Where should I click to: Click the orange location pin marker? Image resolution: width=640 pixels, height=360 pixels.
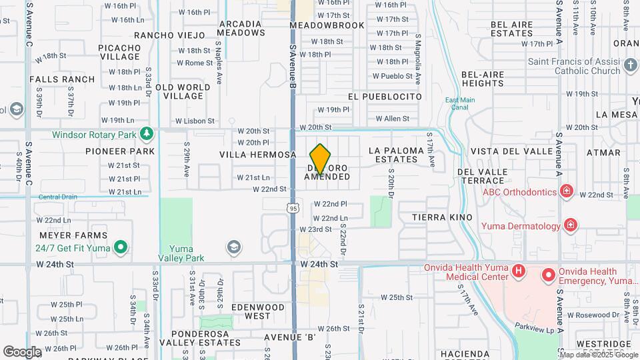pyautogui.click(x=321, y=159)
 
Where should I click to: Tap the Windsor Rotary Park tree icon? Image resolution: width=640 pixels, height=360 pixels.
pyautogui.click(x=147, y=135)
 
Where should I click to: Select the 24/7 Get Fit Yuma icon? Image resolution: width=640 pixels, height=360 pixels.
pyautogui.click(x=121, y=248)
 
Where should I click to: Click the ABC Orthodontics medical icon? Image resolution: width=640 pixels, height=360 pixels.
pyautogui.click(x=567, y=192)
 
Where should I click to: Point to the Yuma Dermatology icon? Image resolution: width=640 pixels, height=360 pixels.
pyautogui.click(x=570, y=225)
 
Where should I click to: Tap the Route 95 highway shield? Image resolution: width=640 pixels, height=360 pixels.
pyautogui.click(x=293, y=209)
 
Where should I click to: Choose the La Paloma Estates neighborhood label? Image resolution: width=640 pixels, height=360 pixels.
pyautogui.click(x=396, y=155)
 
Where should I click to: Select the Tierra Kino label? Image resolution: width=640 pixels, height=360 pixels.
pyautogui.click(x=442, y=217)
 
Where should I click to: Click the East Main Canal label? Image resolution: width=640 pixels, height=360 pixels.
pyautogui.click(x=460, y=104)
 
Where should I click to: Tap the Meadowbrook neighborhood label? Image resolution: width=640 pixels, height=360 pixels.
pyautogui.click(x=327, y=25)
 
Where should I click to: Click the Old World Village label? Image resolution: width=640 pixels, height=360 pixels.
pyautogui.click(x=183, y=91)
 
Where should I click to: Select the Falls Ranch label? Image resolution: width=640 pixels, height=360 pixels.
pyautogui.click(x=62, y=79)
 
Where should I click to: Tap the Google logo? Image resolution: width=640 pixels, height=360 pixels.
pyautogui.click(x=21, y=351)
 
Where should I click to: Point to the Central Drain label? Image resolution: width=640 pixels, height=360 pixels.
pyautogui.click(x=58, y=197)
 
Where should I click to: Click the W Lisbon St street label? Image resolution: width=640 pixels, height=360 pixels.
pyautogui.click(x=195, y=121)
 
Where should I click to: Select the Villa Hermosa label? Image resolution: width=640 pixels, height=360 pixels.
pyautogui.click(x=257, y=154)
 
